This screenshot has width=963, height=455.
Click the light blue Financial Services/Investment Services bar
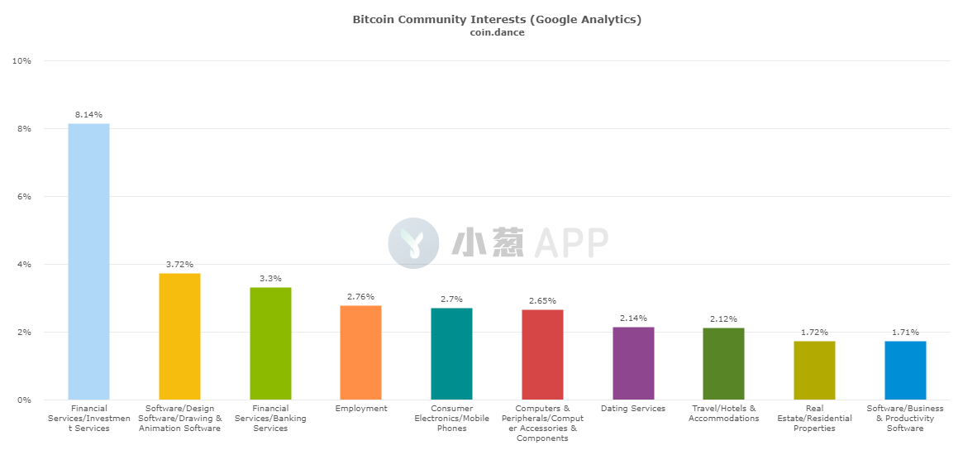88,261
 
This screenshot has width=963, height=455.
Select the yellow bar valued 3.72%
179,337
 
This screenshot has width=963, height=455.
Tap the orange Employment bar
360,352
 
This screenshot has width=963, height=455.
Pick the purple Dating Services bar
633,363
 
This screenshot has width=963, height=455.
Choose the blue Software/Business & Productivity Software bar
905,370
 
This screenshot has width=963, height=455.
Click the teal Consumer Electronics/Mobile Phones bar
451,353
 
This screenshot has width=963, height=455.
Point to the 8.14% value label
88,115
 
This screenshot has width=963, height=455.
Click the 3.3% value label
270,279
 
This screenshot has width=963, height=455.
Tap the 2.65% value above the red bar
542,300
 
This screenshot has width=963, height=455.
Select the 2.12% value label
723,319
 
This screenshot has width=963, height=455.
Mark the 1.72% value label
814,333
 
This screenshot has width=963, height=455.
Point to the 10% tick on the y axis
21,61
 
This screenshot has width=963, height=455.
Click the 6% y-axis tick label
24,197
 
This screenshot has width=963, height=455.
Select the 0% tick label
24,400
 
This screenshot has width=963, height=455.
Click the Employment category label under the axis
361,409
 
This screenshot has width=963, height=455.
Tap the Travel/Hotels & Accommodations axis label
723,413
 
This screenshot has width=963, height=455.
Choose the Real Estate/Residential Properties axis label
814,418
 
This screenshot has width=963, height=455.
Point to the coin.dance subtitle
496,32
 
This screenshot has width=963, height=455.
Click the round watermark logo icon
413,243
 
